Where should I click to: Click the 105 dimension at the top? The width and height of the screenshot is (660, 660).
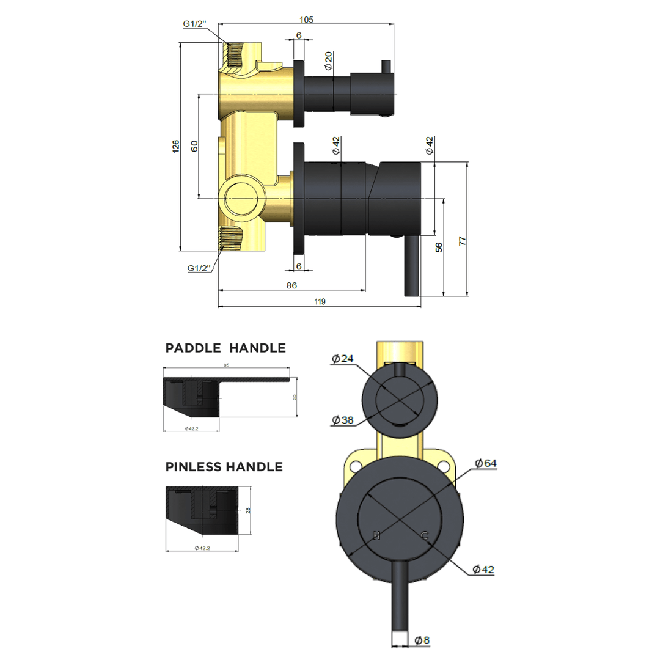306,20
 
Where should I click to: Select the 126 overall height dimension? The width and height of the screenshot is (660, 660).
175,146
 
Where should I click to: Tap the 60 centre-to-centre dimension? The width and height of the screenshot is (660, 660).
194,146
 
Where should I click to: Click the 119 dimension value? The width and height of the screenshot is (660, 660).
320,301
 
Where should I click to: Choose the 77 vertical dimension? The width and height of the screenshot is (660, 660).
463,240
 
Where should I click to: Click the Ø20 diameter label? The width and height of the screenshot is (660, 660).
328,61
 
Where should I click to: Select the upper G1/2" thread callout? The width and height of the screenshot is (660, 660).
195,24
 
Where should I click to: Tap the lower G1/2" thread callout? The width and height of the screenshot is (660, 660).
199,268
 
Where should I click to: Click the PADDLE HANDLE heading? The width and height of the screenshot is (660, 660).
226,348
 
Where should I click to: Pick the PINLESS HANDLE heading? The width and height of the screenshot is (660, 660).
224,467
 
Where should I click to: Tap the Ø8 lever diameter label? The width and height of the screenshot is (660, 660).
422,640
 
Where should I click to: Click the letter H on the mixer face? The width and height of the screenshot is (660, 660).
377,536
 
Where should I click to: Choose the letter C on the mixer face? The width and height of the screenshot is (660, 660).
424,536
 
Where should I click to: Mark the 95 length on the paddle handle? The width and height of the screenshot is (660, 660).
226,365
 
